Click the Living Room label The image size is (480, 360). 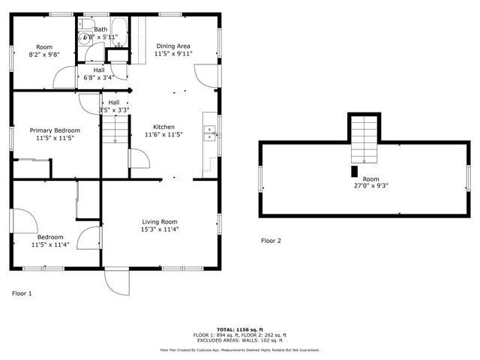(160, 221)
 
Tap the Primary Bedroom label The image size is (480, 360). (55, 130)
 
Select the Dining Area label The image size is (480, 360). (172, 46)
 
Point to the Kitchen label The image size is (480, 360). (163, 127)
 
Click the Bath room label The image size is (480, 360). (100, 29)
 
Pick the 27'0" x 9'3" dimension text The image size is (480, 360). (370, 187)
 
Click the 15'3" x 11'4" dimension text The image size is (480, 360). (160, 229)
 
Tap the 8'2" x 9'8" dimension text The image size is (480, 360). (44, 55)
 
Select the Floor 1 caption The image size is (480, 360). (22, 293)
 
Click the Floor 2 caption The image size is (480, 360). (271, 241)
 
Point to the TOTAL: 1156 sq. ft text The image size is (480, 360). (239, 329)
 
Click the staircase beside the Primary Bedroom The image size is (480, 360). (112, 133)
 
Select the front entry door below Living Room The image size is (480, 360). (116, 281)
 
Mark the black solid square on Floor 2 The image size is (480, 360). (355, 170)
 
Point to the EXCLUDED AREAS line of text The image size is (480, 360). (239, 340)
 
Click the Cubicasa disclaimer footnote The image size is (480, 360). (239, 349)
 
